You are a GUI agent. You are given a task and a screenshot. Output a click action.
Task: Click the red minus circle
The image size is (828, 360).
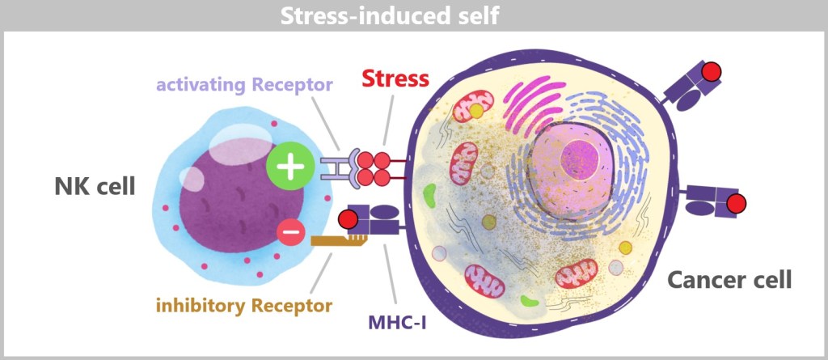click(291, 233)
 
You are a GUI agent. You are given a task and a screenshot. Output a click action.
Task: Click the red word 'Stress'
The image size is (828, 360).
click(395, 79)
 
